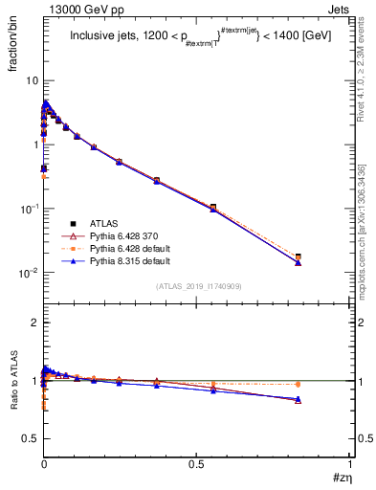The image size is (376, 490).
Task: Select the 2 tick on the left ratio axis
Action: point(34,323)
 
